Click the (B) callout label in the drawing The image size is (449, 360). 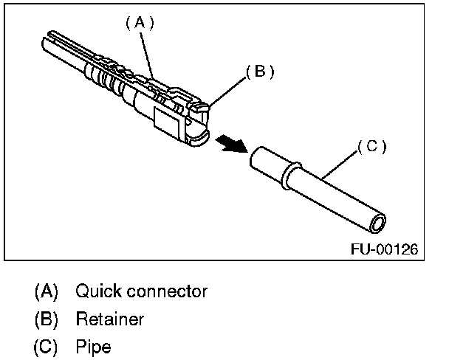click(259, 72)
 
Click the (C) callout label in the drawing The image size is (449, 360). click(371, 146)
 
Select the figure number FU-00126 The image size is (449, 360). click(384, 249)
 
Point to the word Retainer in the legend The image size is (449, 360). click(109, 319)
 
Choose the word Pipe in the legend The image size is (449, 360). click(92, 346)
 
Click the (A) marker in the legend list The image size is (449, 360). click(46, 291)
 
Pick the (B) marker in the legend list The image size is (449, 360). click(46, 319)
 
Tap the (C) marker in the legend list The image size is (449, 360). click(46, 346)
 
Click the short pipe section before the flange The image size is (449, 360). click(267, 162)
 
